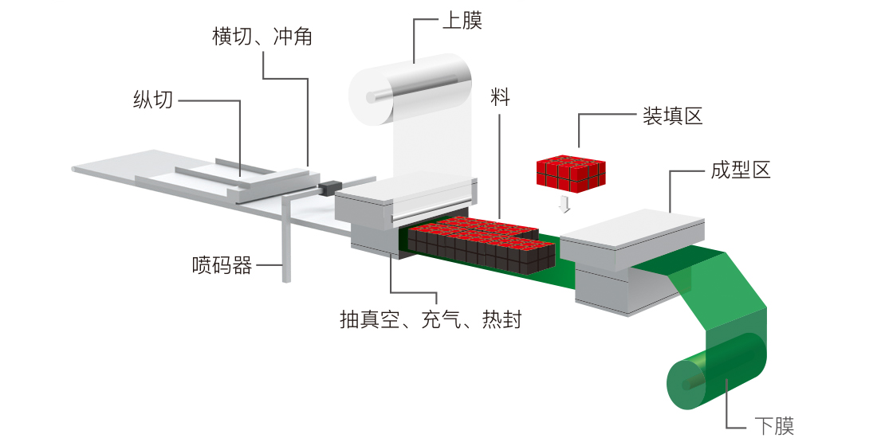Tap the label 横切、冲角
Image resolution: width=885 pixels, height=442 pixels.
pos(262,37)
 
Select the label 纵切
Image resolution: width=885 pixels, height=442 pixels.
pos(152,100)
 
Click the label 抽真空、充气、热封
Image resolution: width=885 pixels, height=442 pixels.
pos(431,320)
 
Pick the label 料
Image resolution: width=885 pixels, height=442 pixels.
pos(501,98)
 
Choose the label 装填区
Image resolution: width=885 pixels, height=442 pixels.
pos(672,116)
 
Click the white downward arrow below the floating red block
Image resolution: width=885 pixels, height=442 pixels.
pos(564,204)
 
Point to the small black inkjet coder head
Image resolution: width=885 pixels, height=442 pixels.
pos(327,190)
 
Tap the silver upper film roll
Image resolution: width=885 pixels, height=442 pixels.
pos(415,88)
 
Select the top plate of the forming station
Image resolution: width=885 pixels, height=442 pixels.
pos(634,229)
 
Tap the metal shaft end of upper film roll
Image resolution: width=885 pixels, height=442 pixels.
pos(372,98)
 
